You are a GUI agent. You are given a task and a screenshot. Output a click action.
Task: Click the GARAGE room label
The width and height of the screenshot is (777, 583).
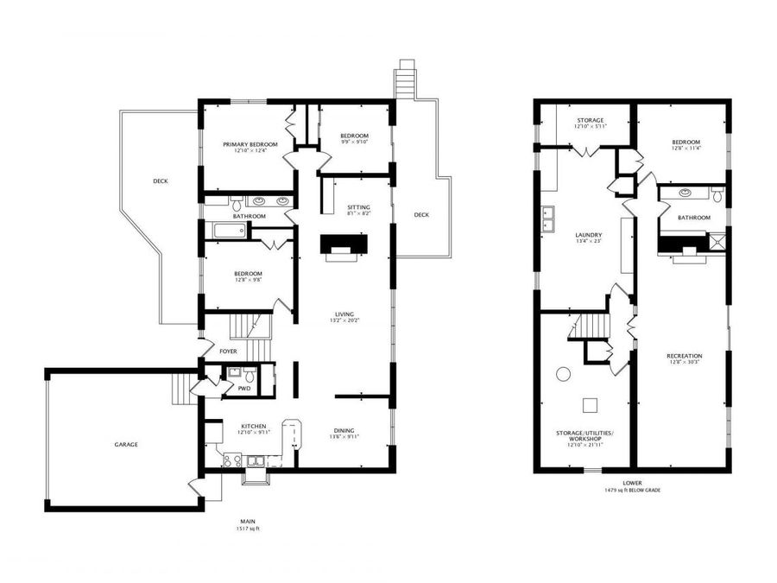126,445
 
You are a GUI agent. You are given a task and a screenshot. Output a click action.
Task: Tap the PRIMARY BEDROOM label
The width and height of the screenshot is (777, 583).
250,144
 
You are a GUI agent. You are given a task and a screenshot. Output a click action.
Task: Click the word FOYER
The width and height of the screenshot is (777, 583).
228,352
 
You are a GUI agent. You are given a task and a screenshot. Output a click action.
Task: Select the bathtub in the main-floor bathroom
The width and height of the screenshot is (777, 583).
229,231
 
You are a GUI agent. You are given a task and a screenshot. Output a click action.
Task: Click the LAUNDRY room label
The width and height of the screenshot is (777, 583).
589,235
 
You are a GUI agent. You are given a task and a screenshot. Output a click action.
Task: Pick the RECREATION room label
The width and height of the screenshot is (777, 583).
684,356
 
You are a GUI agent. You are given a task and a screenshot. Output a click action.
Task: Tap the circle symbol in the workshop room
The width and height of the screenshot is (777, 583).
563,375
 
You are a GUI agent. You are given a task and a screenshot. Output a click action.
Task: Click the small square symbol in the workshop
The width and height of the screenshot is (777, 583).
591,404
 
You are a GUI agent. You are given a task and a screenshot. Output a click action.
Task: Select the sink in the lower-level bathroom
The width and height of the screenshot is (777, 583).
685,193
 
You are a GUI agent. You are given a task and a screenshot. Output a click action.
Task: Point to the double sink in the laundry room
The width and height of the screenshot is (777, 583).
547,221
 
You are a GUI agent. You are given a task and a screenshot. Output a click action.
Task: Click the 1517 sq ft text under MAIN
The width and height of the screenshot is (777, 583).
247,529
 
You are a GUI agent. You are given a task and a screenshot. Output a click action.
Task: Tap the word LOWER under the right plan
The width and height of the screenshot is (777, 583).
633,483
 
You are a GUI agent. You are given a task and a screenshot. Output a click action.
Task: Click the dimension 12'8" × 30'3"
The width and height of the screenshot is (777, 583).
684,363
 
